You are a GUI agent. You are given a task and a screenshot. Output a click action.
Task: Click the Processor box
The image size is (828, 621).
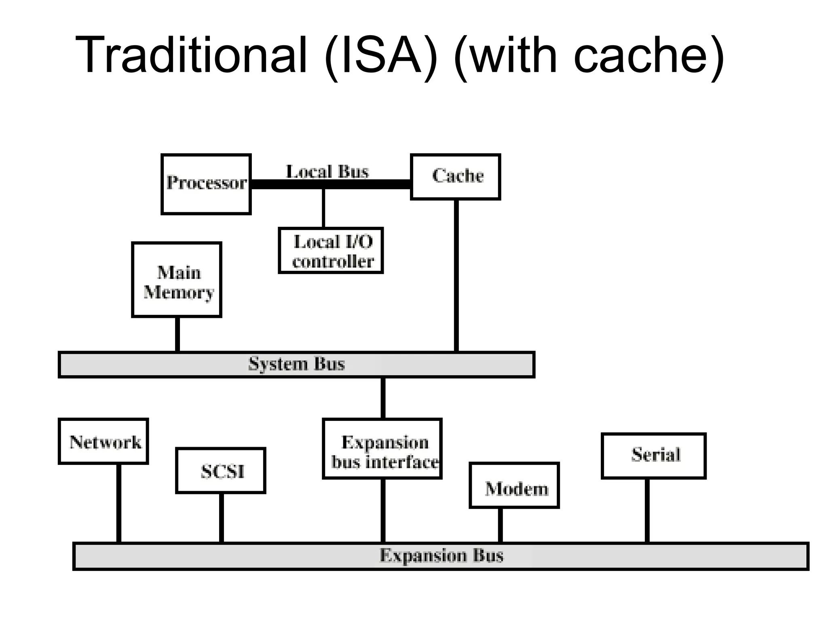206,184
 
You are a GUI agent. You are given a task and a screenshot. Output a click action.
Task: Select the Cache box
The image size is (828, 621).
456,177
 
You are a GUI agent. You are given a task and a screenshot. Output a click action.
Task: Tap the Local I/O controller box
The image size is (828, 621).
331,251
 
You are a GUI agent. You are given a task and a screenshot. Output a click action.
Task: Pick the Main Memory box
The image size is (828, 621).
177,280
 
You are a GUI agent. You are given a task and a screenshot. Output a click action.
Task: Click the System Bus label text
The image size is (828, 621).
296,364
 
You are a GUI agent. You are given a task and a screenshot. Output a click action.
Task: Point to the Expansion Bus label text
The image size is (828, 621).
441,556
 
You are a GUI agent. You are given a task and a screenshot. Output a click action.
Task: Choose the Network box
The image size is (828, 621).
103,441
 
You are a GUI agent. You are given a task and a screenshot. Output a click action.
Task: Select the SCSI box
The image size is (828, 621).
221,471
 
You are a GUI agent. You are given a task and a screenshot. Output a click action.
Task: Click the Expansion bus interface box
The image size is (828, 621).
382,449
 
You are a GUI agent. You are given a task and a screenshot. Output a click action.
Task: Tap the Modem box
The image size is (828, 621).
514,486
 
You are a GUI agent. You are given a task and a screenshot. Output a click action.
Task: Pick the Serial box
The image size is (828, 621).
654,456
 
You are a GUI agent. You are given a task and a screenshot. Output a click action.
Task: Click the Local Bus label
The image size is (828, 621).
327,172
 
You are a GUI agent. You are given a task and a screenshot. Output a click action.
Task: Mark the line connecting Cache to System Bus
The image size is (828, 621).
456,275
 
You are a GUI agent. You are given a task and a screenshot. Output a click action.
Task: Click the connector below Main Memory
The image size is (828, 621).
177,334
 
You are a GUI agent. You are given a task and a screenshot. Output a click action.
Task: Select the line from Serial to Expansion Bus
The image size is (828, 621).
647,511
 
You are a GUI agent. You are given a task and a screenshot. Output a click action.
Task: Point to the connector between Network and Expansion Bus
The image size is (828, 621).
119,503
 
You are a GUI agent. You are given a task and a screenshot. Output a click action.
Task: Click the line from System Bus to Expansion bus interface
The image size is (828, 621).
383,398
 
